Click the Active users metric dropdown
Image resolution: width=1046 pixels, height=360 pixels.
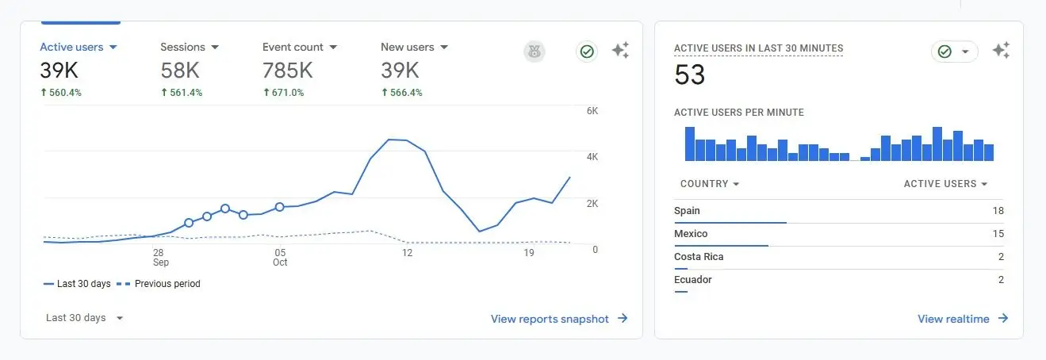coord(79,47)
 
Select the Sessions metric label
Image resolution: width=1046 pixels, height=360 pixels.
coord(183,47)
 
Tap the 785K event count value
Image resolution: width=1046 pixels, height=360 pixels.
coord(288,71)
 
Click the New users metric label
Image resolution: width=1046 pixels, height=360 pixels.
coord(408,47)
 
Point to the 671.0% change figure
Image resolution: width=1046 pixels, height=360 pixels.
coord(283,93)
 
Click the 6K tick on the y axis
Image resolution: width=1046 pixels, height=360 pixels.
coord(592,111)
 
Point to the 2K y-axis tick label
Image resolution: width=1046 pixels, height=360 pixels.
coord(592,204)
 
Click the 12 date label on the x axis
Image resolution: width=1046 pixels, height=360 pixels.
coord(407,253)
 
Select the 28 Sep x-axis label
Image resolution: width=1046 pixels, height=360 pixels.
coord(160,257)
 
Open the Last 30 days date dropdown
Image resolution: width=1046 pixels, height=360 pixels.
coord(85,318)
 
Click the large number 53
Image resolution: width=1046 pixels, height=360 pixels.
coord(690,75)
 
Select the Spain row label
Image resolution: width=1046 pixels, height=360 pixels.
coord(687,211)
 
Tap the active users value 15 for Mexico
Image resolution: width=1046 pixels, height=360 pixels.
coord(998,234)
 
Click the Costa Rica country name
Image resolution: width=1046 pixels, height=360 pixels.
coord(699,257)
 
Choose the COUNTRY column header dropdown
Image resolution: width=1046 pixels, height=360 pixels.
coord(710,184)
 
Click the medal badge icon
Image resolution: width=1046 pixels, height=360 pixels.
coord(534,52)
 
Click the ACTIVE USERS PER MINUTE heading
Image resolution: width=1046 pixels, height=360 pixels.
coord(738,113)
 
